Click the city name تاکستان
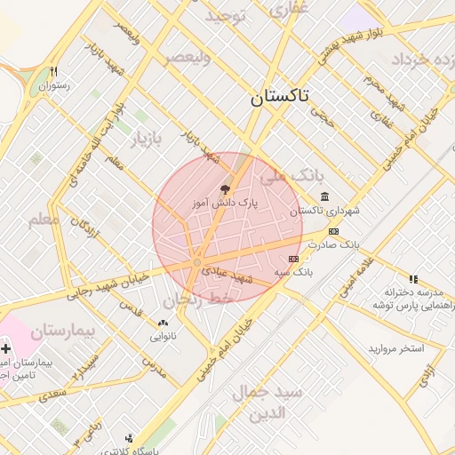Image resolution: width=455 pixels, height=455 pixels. (x=280, y=98)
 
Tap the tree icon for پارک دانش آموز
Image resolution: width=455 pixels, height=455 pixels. (x=225, y=188)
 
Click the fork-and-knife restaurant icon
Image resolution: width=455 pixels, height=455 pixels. (x=55, y=71)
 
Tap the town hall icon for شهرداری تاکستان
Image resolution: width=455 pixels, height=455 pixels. (x=324, y=196)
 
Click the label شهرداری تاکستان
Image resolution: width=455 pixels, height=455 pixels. (x=318, y=211)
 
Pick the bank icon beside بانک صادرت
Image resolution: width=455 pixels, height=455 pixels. (x=333, y=231)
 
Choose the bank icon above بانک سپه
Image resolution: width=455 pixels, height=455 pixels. (x=294, y=258)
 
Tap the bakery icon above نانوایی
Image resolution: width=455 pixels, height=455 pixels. (x=162, y=323)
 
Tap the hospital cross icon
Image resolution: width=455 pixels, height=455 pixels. (x=6, y=348)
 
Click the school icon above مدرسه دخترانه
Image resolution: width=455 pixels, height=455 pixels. (x=412, y=279)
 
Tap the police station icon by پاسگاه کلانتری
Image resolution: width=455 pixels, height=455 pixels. (x=130, y=437)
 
